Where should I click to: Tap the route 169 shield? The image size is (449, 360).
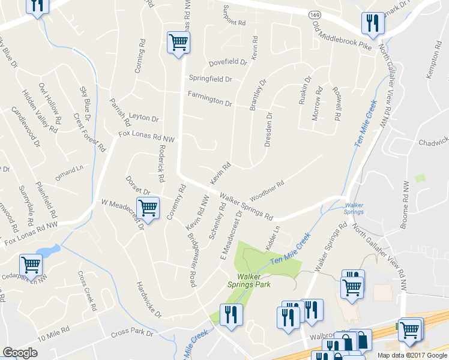[x=315, y=14]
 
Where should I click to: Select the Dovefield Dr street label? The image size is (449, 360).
[x=228, y=62]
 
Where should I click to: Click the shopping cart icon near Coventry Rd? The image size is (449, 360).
[x=148, y=208]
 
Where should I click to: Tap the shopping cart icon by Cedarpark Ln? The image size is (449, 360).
[x=30, y=264]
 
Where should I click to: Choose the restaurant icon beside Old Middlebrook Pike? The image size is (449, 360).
[x=373, y=23]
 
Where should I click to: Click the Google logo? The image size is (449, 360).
[x=20, y=353]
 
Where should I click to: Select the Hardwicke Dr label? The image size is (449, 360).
[x=149, y=299]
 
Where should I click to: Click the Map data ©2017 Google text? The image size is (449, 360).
[x=412, y=355]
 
